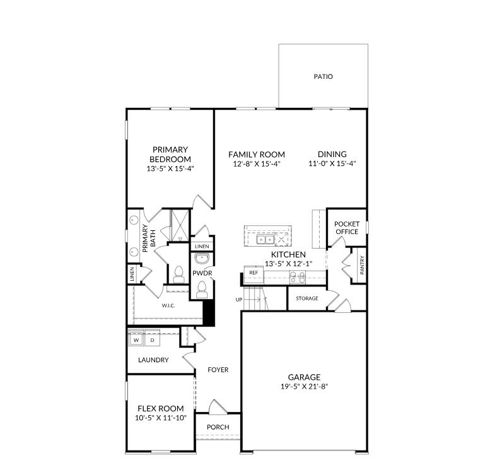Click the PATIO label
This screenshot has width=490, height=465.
(323, 76)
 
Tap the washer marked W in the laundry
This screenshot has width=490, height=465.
(136, 339)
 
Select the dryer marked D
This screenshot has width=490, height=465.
(152, 339)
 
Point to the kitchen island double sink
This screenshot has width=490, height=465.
(265, 240)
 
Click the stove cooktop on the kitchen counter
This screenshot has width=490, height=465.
(298, 277)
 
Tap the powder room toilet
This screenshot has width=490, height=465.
(202, 289)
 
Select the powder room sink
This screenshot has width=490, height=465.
(202, 259)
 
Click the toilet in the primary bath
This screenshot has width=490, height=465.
(178, 274)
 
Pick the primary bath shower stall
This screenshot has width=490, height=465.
(180, 225)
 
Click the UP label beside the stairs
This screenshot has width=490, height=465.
(239, 300)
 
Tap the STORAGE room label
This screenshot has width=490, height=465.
(307, 298)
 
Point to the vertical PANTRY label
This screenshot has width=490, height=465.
(362, 265)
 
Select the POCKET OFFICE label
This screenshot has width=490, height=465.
(347, 228)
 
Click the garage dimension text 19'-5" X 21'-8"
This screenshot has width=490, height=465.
(304, 387)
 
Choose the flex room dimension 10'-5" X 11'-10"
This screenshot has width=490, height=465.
(161, 418)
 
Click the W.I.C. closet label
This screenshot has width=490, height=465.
(168, 305)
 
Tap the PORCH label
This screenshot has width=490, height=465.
(218, 427)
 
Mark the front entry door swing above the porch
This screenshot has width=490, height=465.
(218, 406)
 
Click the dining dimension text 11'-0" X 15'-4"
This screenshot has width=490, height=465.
(332, 163)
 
